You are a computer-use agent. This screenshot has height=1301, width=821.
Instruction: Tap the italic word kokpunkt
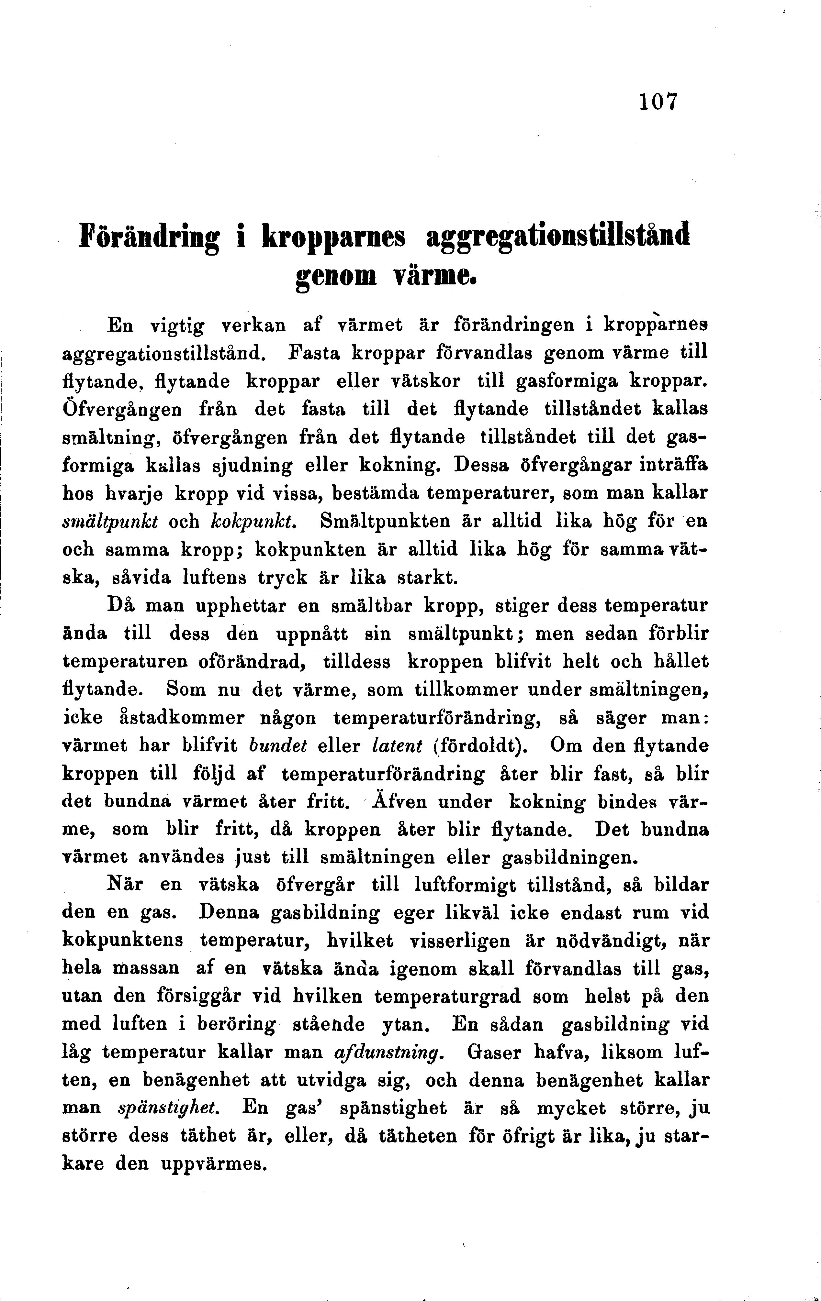(252, 521)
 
